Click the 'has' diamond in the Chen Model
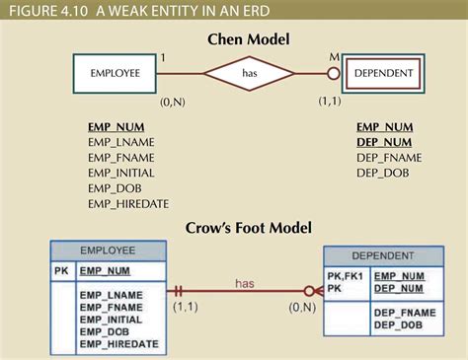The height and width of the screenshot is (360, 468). tap(249, 73)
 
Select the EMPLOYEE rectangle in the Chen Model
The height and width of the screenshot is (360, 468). tap(116, 73)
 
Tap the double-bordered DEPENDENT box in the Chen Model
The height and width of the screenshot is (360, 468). tap(383, 73)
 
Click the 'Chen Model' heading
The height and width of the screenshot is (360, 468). tap(249, 39)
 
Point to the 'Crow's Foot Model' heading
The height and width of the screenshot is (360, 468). tap(249, 229)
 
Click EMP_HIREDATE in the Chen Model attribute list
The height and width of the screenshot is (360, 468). tap(127, 204)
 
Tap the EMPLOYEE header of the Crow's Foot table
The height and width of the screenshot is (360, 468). tap(108, 251)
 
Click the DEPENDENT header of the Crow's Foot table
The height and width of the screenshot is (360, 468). tap(382, 255)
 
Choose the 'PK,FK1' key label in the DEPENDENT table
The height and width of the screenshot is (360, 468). tap(345, 276)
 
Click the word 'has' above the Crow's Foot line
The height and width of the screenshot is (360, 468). tap(245, 283)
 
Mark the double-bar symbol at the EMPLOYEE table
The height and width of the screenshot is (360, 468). tap(180, 292)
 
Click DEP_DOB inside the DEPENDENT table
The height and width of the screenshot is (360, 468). tap(398, 325)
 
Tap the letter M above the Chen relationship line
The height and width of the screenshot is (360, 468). tap(334, 57)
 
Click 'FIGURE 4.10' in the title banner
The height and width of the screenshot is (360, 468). tap(43, 11)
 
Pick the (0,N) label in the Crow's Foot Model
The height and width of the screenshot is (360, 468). tap(302, 309)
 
